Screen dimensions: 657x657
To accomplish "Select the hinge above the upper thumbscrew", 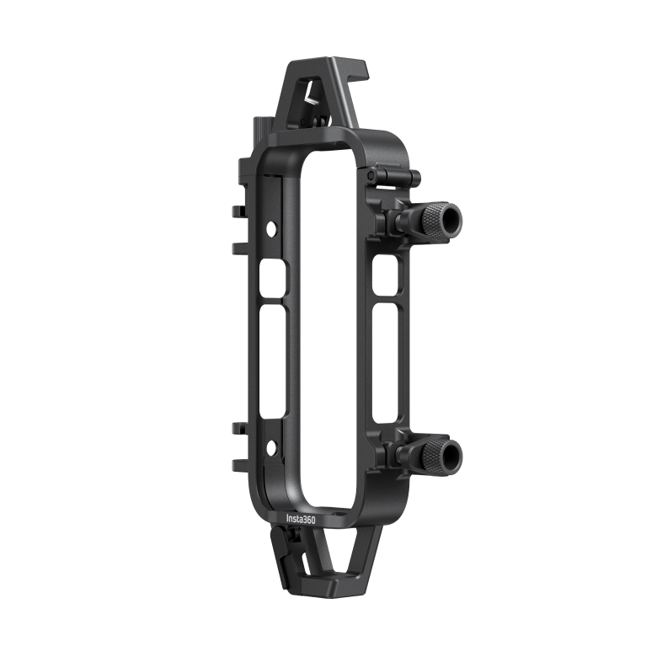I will pos(392,176).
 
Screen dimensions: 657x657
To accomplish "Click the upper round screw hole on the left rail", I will pos(271,228).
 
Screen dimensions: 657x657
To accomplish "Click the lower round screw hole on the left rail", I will pos(270,446).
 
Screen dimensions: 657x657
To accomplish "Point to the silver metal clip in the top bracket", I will pos(311,100).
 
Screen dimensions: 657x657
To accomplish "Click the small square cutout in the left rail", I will pos(275,278).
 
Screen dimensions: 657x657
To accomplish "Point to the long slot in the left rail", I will pos(273,362).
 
